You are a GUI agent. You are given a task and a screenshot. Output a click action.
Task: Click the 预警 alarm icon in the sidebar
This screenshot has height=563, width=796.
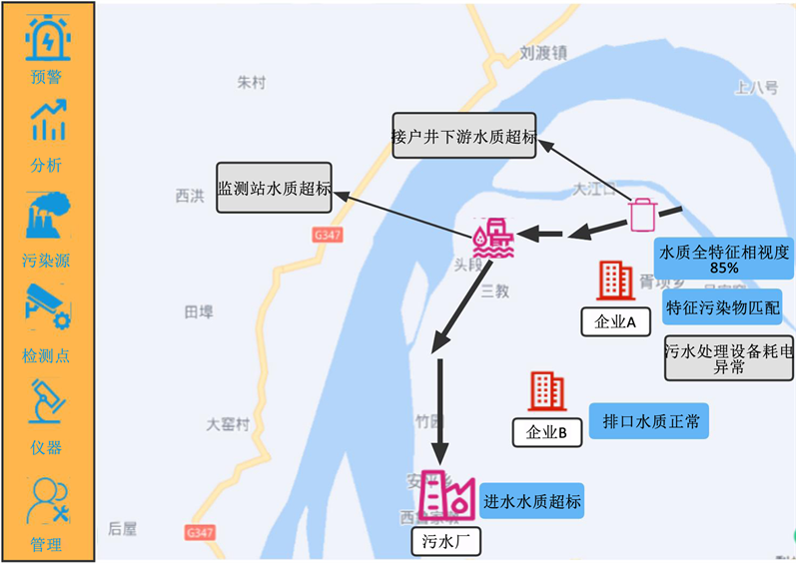(47, 38)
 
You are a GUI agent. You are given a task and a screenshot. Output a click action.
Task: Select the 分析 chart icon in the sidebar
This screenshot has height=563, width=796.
(47, 121)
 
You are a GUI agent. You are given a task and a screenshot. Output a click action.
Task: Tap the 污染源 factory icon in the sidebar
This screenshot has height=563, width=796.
(47, 214)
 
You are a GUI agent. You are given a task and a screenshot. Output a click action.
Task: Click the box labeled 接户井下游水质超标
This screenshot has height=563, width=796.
(464, 135)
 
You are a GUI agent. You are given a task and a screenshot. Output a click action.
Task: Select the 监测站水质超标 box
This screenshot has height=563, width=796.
(275, 187)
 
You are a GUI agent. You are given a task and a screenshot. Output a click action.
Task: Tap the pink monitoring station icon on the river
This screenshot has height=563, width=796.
(493, 239)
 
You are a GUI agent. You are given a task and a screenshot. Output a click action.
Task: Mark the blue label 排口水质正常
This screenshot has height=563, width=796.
(650, 421)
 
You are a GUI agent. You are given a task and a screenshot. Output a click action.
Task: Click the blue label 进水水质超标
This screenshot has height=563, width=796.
(531, 501)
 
